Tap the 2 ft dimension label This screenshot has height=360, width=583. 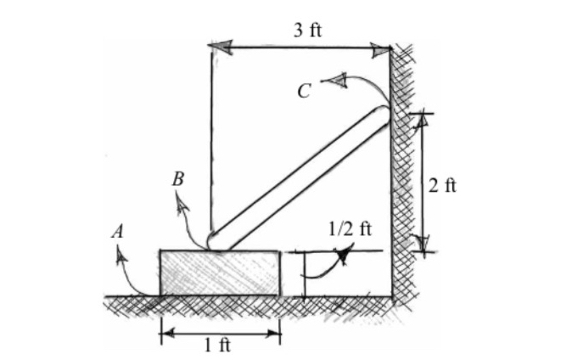(x=441, y=186)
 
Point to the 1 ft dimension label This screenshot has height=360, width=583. (x=218, y=344)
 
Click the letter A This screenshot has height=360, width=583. (x=115, y=230)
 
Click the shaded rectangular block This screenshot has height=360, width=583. (x=220, y=273)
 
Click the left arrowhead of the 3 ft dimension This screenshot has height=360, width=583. (x=219, y=48)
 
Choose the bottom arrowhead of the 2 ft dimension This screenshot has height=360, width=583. (x=422, y=244)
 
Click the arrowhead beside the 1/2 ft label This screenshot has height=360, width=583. (x=343, y=253)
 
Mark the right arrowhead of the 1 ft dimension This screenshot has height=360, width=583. (x=273, y=332)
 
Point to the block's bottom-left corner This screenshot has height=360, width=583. (x=160, y=295)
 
